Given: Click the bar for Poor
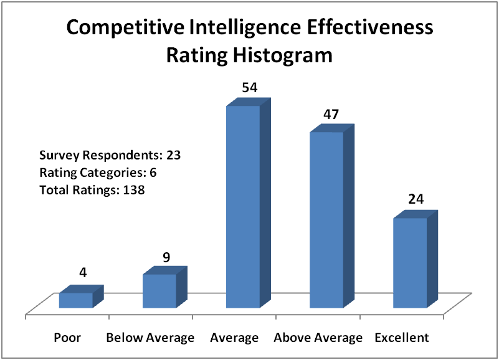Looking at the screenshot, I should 76,300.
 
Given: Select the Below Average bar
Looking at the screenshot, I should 159,291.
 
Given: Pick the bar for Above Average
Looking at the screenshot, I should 326,219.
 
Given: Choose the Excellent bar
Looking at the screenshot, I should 410,262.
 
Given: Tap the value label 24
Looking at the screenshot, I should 416,200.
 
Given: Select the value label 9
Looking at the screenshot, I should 166,257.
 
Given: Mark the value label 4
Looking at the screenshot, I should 82,275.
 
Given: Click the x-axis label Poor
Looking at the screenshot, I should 67,338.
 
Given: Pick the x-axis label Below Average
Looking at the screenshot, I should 150,338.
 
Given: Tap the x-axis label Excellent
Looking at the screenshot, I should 402,338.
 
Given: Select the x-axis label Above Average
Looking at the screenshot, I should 318,338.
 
